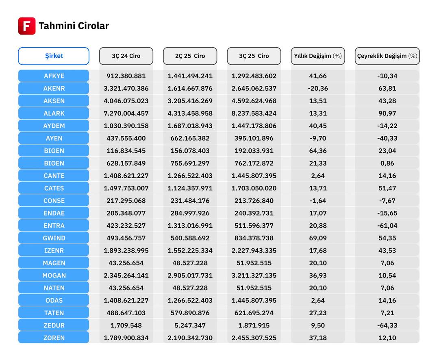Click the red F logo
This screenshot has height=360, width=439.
click(x=27, y=26)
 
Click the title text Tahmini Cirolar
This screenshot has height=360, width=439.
click(x=74, y=26)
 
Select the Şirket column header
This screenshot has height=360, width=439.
click(x=54, y=56)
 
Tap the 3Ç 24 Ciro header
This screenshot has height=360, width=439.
click(x=126, y=56)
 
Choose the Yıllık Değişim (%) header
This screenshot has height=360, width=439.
click(x=318, y=56)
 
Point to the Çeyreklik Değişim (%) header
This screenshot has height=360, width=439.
click(x=387, y=56)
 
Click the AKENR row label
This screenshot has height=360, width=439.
click(x=54, y=88)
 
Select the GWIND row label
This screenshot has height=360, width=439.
click(x=54, y=238)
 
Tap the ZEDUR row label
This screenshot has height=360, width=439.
click(x=54, y=325)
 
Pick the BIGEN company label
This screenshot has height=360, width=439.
click(x=54, y=151)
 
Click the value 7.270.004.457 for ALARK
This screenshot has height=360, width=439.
click(x=126, y=113)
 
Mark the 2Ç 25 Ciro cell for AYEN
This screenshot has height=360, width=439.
click(x=190, y=138)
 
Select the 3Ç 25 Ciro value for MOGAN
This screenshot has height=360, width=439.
click(x=254, y=275)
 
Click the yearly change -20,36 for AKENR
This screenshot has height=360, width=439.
click(x=318, y=88)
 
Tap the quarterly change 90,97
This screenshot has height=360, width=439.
click(x=387, y=113)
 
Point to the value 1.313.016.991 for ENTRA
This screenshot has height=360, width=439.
click(x=190, y=225)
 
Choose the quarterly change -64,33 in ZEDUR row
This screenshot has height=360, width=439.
click(x=387, y=325)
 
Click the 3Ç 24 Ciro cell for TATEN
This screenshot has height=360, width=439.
click(x=126, y=313)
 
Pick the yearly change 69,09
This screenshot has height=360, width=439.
click(x=318, y=238)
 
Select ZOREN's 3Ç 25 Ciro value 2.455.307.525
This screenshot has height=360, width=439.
click(x=254, y=338)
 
